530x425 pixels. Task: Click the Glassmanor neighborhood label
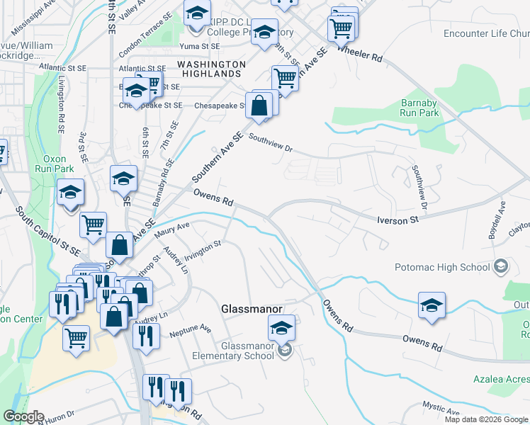pos(252,310)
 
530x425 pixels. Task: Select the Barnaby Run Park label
pos(419,107)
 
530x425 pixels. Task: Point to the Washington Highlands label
pos(211,69)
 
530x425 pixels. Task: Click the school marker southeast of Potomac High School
pos(432,305)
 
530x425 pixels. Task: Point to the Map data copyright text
pos(486,419)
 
